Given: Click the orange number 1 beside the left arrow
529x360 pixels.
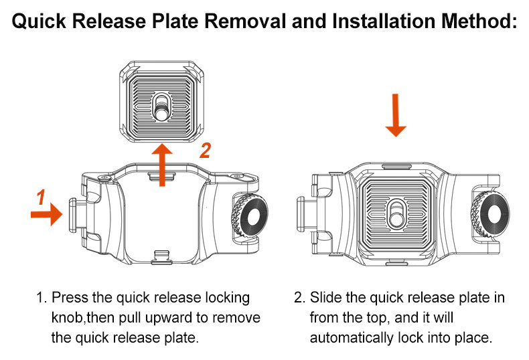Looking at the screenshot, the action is click(41, 197).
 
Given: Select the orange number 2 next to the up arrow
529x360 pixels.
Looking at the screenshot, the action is click(205, 151).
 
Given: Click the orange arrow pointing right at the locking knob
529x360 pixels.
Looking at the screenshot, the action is click(47, 214).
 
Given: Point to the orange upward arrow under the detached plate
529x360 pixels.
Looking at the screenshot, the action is click(162, 165).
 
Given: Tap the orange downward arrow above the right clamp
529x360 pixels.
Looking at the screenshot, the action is click(395, 115).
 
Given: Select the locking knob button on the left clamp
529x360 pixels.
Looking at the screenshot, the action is click(73, 215).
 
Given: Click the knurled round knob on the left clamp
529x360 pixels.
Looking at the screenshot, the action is click(250, 215).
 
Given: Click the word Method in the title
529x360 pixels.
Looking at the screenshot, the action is click(479, 21).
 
